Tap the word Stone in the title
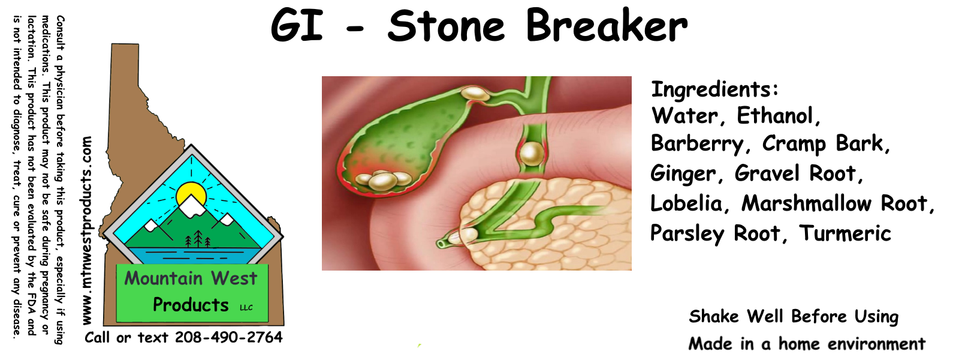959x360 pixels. [446, 26]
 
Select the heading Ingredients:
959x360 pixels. [714, 90]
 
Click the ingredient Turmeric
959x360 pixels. [845, 233]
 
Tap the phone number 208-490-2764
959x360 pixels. [228, 337]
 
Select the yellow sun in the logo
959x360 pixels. [191, 195]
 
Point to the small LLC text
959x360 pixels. [246, 308]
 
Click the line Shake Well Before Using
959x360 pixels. [794, 317]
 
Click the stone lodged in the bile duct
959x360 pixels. [532, 154]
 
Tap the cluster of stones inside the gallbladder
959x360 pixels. [384, 180]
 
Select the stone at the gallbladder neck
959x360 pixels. [474, 93]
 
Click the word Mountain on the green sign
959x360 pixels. [164, 278]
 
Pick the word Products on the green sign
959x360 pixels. [191, 305]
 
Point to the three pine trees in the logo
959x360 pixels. [198, 239]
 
